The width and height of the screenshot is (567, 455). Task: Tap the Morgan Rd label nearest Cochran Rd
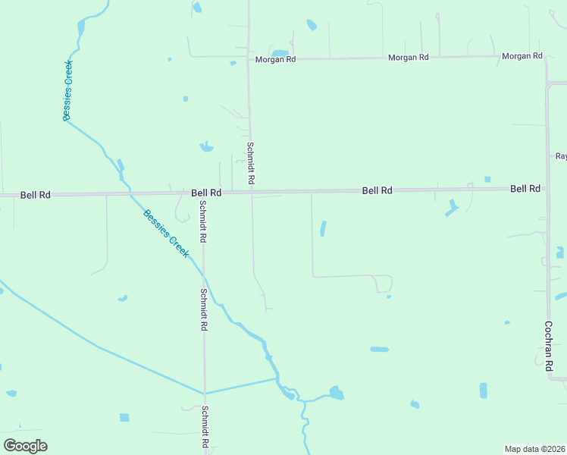click(523, 56)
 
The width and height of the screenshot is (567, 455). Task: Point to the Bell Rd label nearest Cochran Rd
click(525, 188)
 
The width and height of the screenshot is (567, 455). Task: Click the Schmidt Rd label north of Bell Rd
click(250, 164)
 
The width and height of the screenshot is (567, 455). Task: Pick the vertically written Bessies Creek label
click(67, 90)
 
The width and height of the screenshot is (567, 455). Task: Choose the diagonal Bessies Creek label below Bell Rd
click(166, 234)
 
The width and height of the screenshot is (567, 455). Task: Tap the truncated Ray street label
click(561, 156)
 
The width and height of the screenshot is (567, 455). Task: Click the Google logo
click(25, 446)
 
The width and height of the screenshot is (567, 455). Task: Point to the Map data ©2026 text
click(535, 449)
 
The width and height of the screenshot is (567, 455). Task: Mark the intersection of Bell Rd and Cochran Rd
click(547, 188)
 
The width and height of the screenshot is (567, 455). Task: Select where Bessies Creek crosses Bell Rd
click(128, 193)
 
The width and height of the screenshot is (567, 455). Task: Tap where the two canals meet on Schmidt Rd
click(203, 393)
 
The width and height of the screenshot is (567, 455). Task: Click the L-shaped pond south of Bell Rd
click(452, 208)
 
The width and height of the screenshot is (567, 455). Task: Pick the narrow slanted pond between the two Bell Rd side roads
click(323, 228)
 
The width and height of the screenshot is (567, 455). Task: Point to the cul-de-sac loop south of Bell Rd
click(384, 284)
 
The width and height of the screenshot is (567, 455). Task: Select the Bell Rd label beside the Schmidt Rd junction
click(206, 193)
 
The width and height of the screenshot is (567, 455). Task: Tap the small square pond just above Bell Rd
click(487, 180)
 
